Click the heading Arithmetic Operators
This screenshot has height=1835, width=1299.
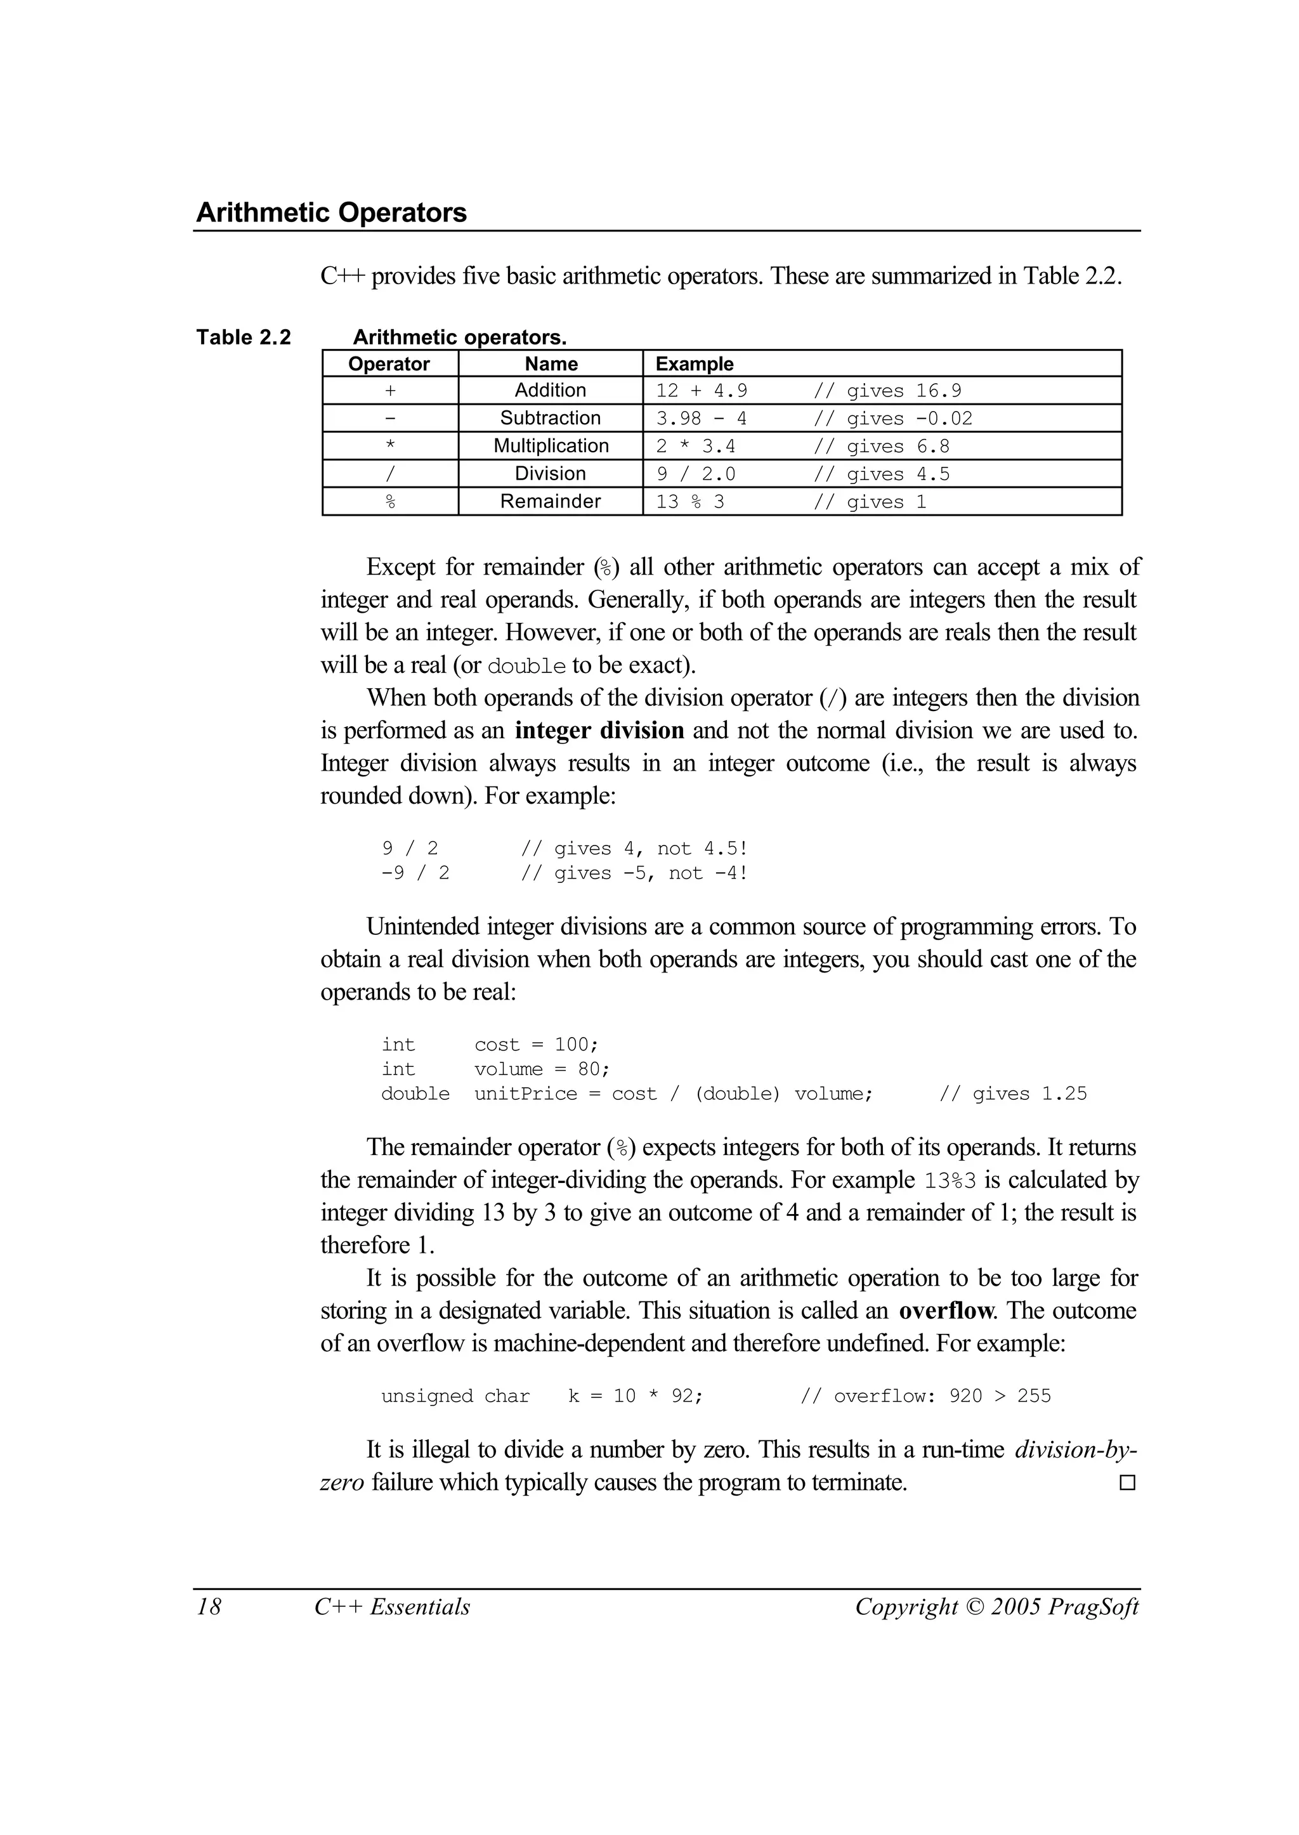(x=331, y=212)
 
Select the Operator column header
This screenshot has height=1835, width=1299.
(x=389, y=364)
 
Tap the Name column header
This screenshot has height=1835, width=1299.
(x=551, y=364)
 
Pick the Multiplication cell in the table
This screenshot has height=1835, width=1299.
(x=551, y=445)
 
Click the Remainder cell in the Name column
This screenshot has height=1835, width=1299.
(x=551, y=502)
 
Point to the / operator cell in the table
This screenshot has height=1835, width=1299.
(x=390, y=474)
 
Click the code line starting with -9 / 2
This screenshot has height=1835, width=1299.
(x=415, y=873)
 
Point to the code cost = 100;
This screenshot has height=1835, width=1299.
(x=536, y=1045)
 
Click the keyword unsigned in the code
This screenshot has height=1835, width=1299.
(x=426, y=1397)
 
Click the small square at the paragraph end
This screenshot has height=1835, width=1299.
(x=1127, y=1483)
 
